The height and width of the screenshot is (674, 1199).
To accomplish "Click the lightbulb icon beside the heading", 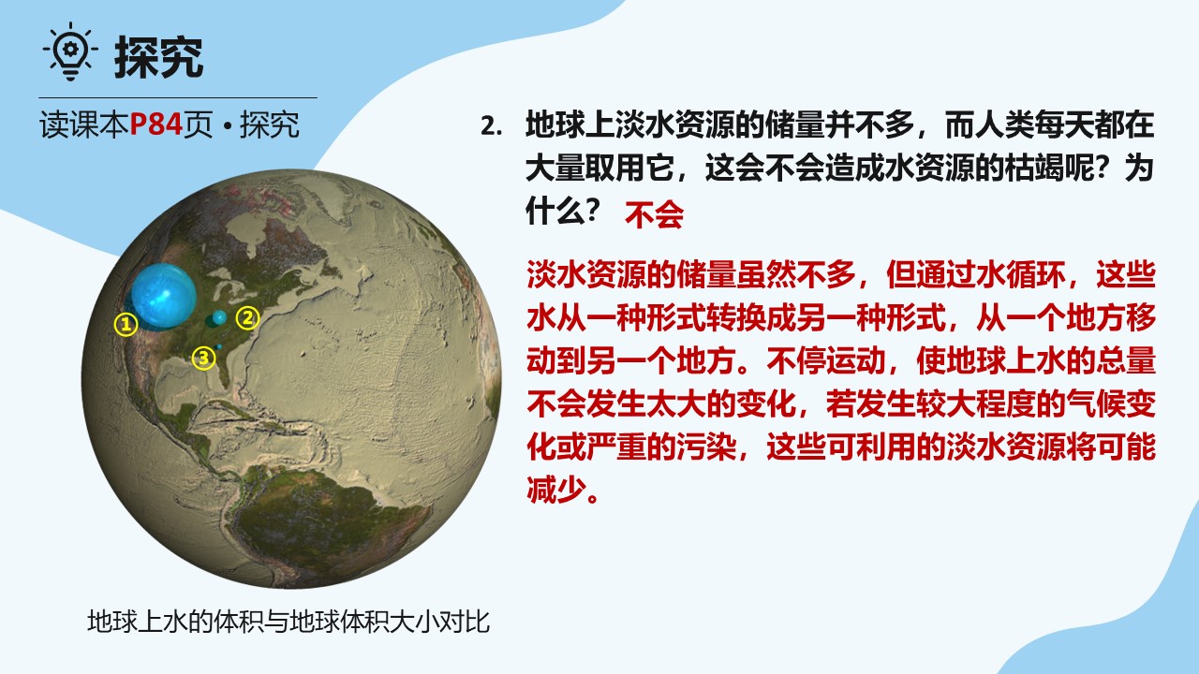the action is click(70, 51).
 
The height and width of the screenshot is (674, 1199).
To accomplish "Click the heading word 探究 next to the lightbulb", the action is click(158, 57).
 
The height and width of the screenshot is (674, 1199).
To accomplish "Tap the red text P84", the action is click(156, 125).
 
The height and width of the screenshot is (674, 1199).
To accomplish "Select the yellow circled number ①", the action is click(126, 324).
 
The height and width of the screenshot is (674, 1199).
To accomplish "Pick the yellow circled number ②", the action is click(247, 317).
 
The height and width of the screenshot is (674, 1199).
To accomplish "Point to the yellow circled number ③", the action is click(203, 358).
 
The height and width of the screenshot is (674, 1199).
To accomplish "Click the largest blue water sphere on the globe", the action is click(163, 295).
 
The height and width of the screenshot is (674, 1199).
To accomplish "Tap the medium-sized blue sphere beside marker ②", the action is click(219, 317).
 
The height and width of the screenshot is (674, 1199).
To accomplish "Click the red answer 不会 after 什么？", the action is click(654, 215).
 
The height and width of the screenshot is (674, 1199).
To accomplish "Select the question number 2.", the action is click(492, 126).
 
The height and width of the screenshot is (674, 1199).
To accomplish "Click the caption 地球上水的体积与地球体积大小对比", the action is click(289, 622).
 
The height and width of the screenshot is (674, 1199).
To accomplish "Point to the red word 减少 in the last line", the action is click(556, 490).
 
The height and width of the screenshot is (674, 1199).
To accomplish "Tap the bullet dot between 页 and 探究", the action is click(227, 125).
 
